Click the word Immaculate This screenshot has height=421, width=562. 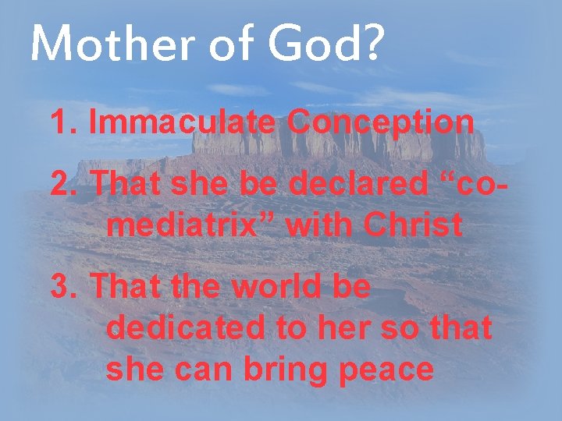pyautogui.click(x=182, y=122)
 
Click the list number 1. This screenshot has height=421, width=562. pyautogui.click(x=62, y=122)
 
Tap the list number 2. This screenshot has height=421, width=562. pyautogui.click(x=62, y=185)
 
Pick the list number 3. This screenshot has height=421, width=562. pyautogui.click(x=62, y=286)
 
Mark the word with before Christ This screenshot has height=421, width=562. pyautogui.click(x=316, y=225)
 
